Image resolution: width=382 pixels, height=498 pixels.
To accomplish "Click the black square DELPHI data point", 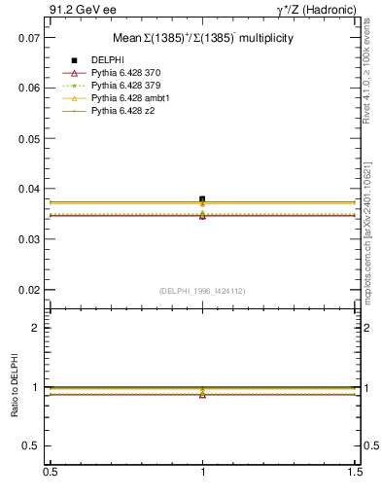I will click(x=202, y=199).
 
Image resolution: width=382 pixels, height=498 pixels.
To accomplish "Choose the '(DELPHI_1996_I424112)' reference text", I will click(x=201, y=290).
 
